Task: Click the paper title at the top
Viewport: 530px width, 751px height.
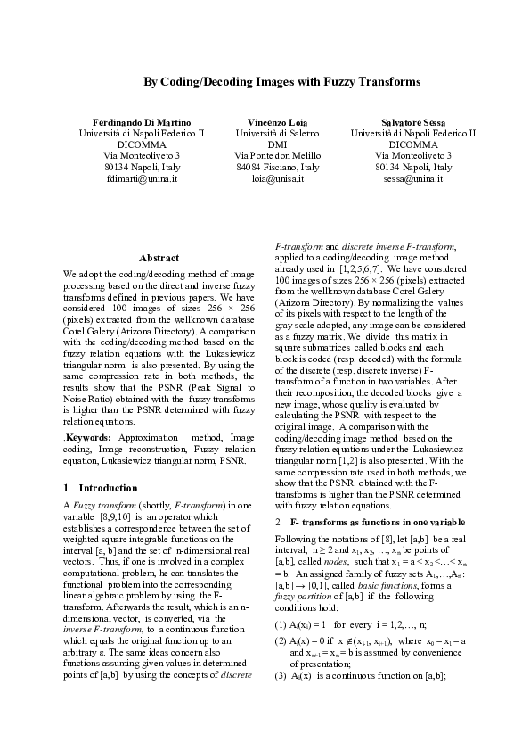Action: click(x=281, y=82)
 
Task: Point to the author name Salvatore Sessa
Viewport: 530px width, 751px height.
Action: click(x=413, y=121)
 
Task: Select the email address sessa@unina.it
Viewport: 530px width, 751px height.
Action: click(x=413, y=178)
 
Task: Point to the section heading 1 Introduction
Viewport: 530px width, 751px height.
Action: click(x=101, y=488)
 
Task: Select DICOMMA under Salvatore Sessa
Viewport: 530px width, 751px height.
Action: click(x=413, y=144)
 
